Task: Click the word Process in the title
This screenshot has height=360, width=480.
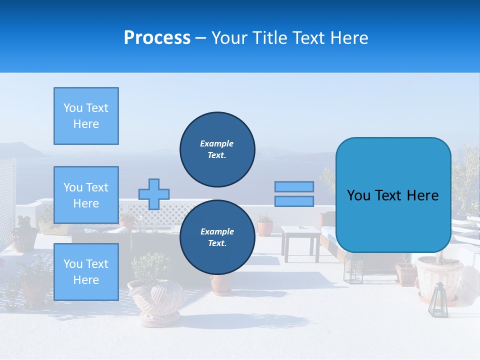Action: [x=157, y=38]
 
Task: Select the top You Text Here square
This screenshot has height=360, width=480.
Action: [x=86, y=116]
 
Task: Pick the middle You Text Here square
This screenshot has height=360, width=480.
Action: [x=86, y=195]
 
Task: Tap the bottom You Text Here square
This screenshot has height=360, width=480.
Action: [x=86, y=272]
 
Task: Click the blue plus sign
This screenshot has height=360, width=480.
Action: [x=154, y=194]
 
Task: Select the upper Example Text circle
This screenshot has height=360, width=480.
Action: [x=217, y=149]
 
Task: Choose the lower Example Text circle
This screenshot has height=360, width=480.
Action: [x=217, y=237]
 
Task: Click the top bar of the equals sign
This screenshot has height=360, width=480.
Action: [x=294, y=186]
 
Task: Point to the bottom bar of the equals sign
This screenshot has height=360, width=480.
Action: [x=294, y=201]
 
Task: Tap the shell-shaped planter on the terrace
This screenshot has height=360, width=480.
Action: [x=155, y=297]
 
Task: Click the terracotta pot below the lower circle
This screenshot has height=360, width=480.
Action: [x=221, y=284]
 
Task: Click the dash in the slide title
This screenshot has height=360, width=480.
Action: [x=201, y=38]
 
